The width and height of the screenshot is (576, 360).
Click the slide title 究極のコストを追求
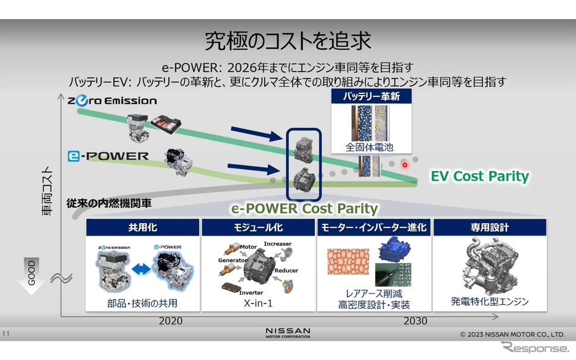(287, 41)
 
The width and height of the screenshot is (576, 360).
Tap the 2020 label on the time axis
(170, 321)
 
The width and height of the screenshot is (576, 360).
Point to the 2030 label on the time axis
(415, 321)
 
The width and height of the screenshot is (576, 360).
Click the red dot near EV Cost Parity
(405, 165)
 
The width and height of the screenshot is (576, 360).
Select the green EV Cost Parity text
(480, 176)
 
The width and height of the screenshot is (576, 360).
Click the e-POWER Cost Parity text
(304, 209)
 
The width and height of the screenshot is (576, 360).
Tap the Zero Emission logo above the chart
(112, 101)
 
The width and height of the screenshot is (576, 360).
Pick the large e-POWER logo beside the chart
(108, 156)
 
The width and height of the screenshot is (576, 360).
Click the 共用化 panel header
(143, 227)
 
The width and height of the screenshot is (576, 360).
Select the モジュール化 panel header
(258, 227)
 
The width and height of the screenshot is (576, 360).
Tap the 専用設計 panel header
(490, 227)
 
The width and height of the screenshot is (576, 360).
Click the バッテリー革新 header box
(371, 96)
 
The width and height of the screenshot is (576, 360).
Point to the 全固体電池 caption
(369, 148)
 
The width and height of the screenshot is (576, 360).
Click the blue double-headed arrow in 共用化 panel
(141, 269)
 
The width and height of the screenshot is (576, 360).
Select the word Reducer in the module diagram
(286, 270)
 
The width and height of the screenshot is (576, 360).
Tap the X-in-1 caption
(258, 303)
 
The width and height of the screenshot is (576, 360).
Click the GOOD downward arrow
(32, 276)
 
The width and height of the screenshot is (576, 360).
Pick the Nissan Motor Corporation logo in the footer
(288, 333)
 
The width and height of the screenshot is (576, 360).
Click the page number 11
(5, 334)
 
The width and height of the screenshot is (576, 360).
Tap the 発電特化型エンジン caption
(490, 302)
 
